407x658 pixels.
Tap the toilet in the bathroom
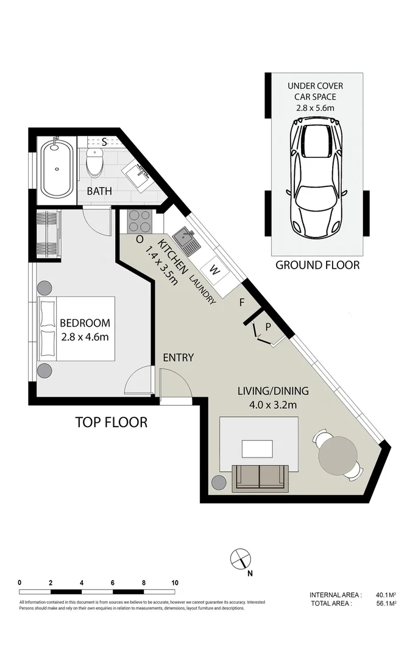coord(95,162)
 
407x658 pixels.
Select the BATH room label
coord(99,191)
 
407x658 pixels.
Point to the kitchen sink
coord(185,241)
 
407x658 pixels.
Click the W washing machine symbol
coord(214,268)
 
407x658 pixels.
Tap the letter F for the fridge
coord(242,302)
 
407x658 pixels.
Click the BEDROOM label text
coord(85,323)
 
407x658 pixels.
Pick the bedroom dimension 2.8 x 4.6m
coord(85,337)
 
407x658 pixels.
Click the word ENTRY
coord(179,358)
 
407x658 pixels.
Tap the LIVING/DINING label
coord(273,391)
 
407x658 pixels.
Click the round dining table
coord(339,455)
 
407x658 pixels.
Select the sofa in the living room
coord(259,477)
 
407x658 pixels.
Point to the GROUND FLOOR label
coord(317,265)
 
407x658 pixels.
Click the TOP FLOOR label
coord(111,422)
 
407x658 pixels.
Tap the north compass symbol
coord(241,558)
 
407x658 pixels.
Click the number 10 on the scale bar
coord(175,582)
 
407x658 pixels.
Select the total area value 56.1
coord(381,603)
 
